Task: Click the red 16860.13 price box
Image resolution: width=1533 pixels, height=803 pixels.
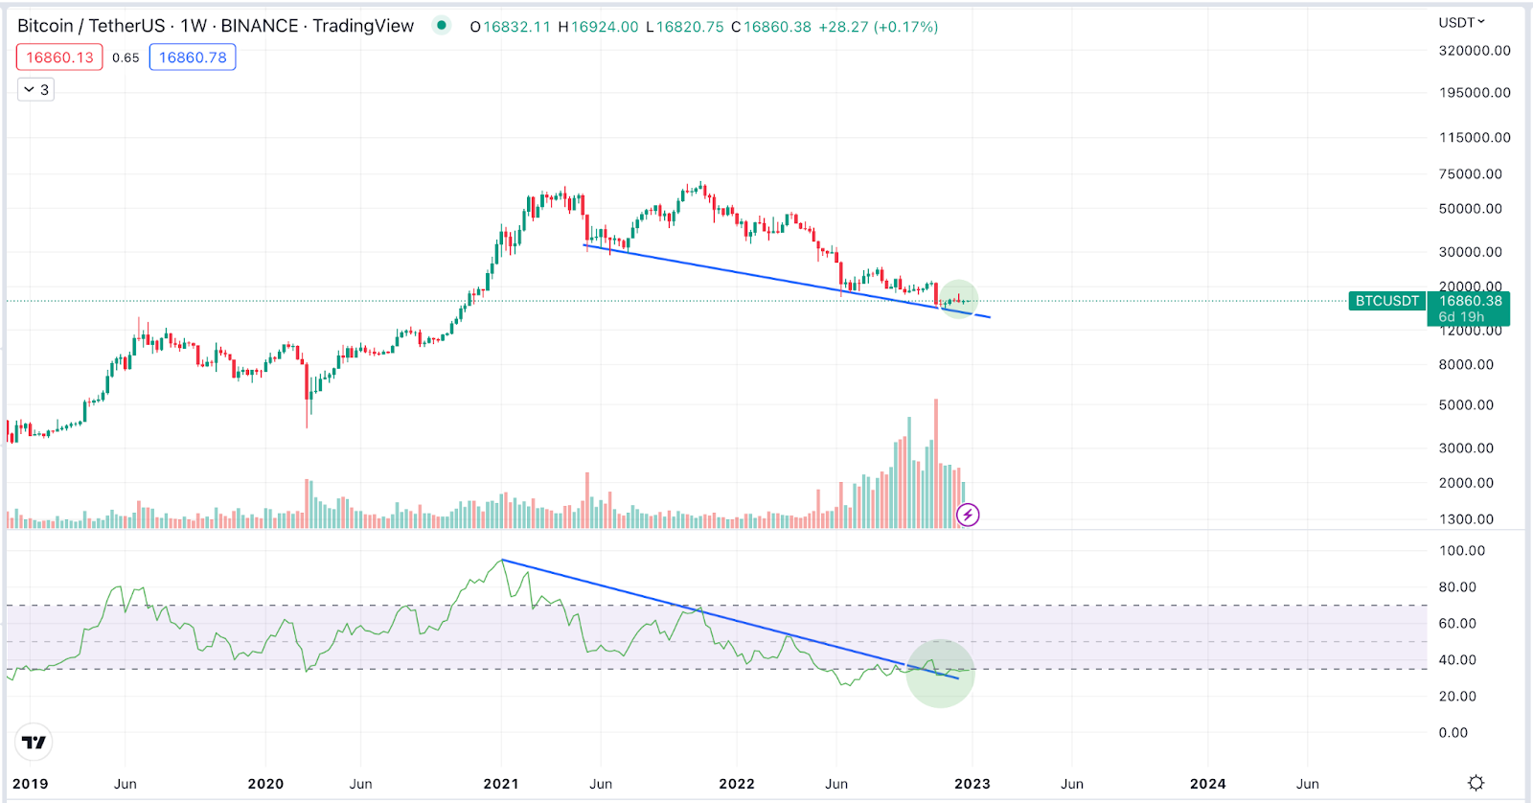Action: [59, 57]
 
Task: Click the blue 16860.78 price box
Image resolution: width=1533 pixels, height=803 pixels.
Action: [193, 57]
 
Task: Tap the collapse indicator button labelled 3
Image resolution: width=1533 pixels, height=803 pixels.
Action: [36, 90]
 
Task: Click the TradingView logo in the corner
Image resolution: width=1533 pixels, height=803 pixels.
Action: [34, 742]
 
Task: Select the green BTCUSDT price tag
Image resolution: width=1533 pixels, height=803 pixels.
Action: [1386, 301]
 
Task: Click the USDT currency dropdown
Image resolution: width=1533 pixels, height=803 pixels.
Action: [1461, 22]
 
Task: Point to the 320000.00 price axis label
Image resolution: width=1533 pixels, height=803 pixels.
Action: [1475, 51]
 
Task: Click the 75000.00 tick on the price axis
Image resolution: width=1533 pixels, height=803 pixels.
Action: [1471, 173]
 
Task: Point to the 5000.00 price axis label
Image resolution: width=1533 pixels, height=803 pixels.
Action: [1466, 404]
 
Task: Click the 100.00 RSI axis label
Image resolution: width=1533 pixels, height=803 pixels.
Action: [1462, 551]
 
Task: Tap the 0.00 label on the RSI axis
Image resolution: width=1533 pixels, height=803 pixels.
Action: [1453, 733]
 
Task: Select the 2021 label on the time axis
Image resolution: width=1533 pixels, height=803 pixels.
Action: [501, 784]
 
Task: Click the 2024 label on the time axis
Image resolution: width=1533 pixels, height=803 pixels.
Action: [1207, 784]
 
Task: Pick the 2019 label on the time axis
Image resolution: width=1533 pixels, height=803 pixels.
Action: [31, 784]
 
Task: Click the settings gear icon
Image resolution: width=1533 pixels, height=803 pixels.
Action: [1476, 783]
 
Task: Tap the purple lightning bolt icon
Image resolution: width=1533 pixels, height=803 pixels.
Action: [968, 516]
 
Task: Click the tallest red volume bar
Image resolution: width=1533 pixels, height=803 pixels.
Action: [936, 460]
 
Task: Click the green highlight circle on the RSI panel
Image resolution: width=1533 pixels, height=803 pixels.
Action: [940, 674]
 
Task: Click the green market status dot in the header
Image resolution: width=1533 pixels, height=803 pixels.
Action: [441, 25]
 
